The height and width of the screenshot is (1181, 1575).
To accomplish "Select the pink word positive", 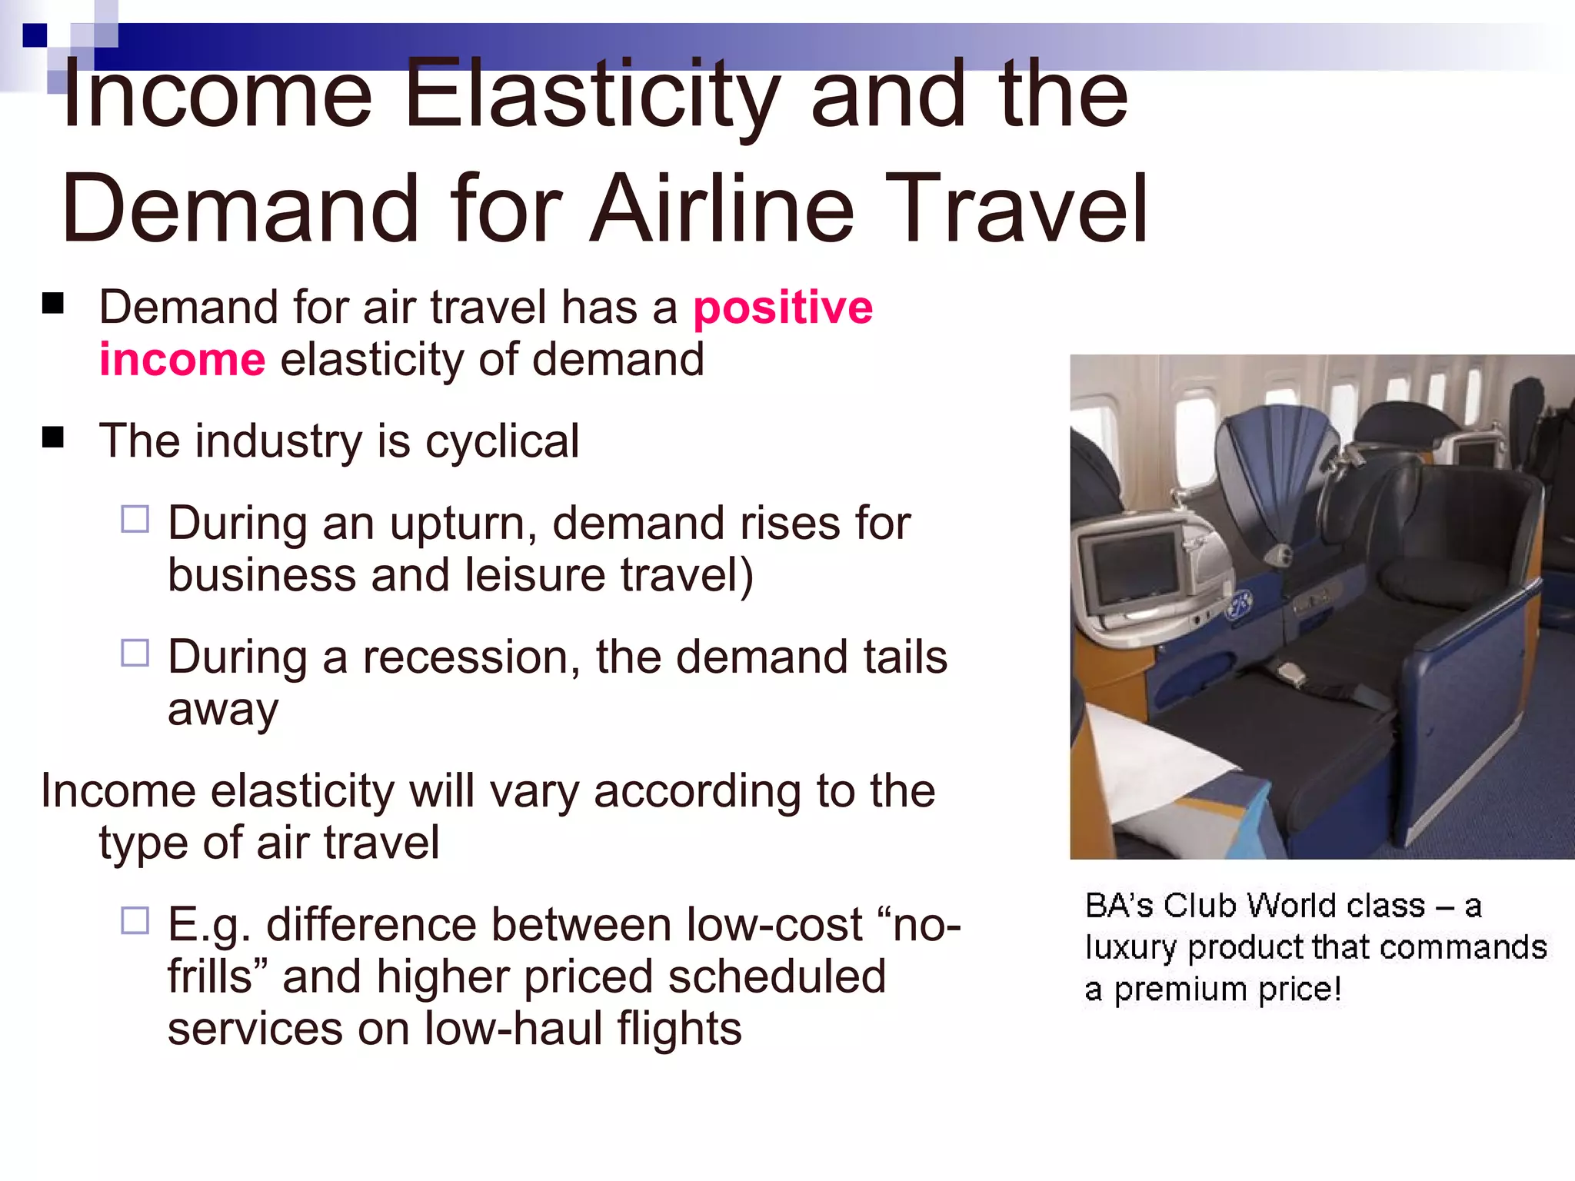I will [x=783, y=308].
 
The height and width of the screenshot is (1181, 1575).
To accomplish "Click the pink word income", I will [x=182, y=360].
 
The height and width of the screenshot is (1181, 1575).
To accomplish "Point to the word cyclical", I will [x=502, y=441].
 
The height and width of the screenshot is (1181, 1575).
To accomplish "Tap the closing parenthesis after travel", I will [x=746, y=577].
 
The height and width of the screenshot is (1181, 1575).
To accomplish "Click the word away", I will [x=222, y=711].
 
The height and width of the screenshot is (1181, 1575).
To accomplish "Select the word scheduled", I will [x=776, y=977].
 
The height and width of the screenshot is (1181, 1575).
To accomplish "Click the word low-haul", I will [x=512, y=1029].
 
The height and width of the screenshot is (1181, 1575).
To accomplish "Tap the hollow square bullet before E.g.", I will [x=135, y=920].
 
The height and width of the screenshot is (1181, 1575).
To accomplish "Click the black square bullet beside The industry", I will [x=53, y=437].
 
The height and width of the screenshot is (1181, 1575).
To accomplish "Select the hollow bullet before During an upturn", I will [x=135, y=519].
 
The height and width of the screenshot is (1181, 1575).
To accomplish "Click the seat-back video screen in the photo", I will [x=1129, y=567].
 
